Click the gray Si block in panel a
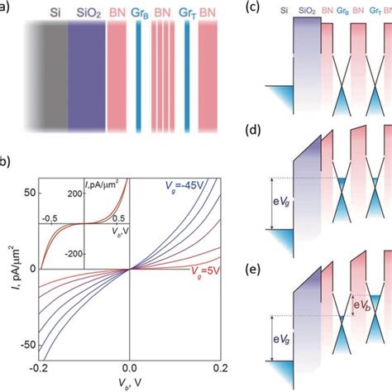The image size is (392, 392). (x=51, y=79)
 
